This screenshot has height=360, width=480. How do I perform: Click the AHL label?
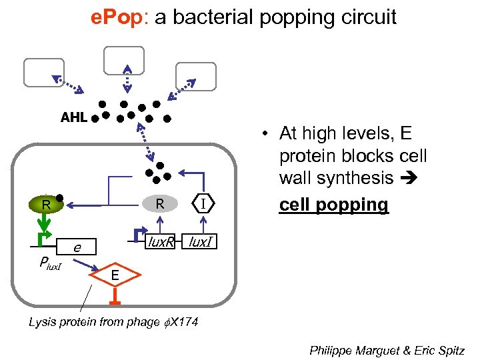point(73,118)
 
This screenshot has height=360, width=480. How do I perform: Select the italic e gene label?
point(77,247)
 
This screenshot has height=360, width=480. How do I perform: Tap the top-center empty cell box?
point(124,59)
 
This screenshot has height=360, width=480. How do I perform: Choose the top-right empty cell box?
point(195,76)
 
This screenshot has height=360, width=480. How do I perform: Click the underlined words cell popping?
point(333,205)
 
